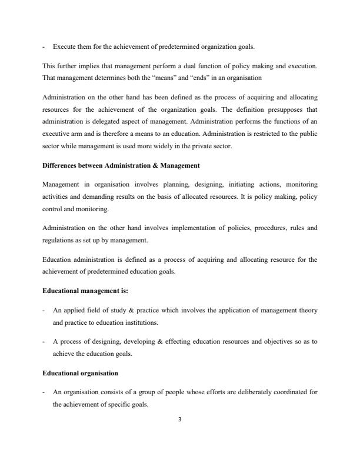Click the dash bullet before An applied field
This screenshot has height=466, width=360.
coord(45,310)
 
